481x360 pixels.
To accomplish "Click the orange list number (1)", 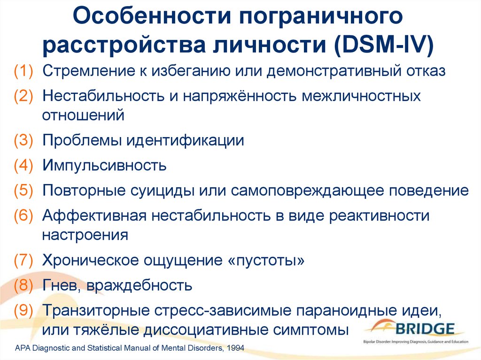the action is pos(23,71).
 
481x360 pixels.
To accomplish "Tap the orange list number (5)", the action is pos(23,191).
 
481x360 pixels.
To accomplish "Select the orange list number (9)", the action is pos(23,310).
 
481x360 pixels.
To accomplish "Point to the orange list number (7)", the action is pos(23,260).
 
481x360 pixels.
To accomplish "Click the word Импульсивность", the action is pos(104,166).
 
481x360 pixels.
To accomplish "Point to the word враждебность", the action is pos(139,285).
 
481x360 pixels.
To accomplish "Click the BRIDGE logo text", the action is pos(425,329).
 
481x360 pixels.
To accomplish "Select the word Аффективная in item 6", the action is pos(94,215).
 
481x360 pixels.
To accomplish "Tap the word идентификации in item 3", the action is pos(185,141).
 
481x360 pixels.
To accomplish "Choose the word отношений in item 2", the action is pos(83,115).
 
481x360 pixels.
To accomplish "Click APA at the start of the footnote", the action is pos(23,348).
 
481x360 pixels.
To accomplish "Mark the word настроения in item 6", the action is pos(85,235).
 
